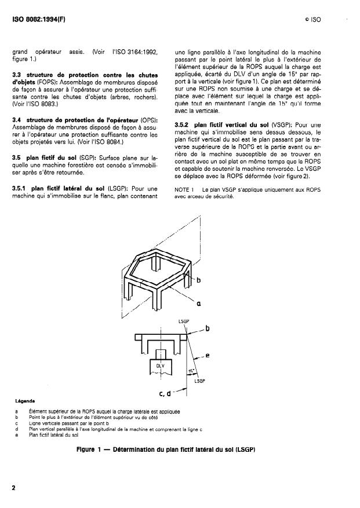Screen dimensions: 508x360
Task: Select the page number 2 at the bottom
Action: point(14,488)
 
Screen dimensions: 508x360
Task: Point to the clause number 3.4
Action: point(19,119)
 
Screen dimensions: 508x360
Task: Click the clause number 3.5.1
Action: point(23,188)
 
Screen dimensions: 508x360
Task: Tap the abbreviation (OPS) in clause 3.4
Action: point(150,119)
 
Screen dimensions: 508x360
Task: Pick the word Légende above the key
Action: point(23,400)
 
